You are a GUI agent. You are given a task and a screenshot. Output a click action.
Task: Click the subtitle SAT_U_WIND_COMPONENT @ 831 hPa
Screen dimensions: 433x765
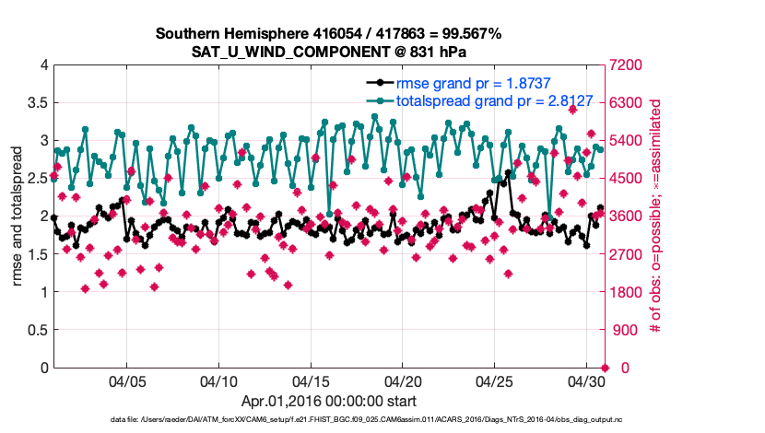pos(328,52)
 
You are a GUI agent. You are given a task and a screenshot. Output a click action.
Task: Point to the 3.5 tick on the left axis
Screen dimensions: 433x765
pos(37,102)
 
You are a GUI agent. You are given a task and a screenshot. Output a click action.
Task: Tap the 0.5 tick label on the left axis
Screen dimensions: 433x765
pos(37,330)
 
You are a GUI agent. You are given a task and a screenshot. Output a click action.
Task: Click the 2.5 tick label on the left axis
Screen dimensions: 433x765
pos(37,178)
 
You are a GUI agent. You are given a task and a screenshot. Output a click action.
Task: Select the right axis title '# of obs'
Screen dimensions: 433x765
pos(657,216)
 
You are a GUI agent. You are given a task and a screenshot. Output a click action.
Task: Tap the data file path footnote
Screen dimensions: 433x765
pos(328,420)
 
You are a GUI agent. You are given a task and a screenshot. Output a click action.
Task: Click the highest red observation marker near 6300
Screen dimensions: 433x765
pos(572,109)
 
